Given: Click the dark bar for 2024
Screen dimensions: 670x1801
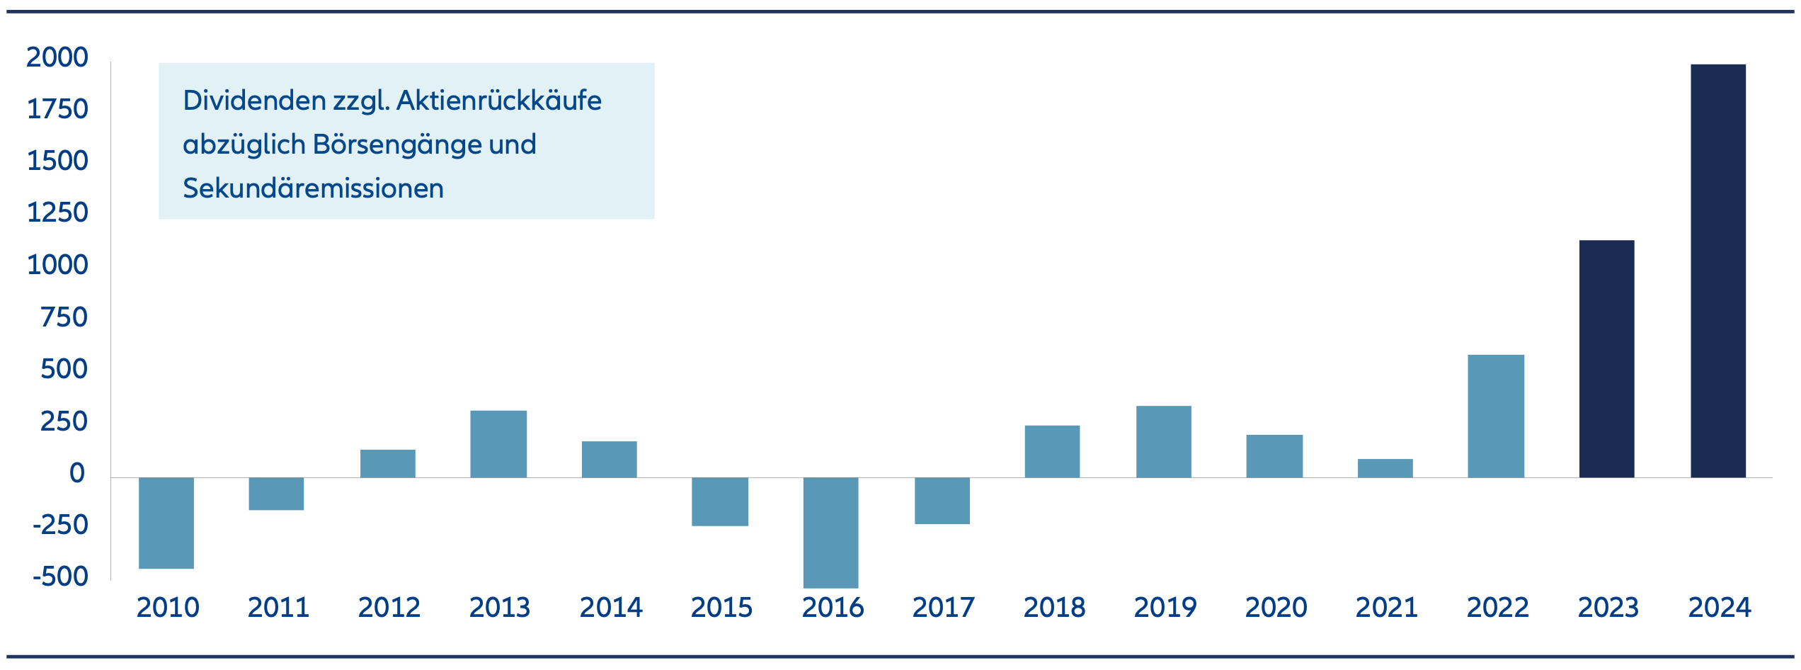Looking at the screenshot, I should (1717, 271).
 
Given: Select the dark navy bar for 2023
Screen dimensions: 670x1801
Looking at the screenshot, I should (1606, 358).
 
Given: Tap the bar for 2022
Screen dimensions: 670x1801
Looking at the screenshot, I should (1495, 416).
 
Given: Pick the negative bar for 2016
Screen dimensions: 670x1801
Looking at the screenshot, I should (830, 533).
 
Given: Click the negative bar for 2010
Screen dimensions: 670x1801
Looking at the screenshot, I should (166, 523).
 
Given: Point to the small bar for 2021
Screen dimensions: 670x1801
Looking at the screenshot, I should (1385, 468).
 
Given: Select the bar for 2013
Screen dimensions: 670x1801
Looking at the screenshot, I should (498, 444).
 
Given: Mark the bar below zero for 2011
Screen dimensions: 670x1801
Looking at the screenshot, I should (276, 494).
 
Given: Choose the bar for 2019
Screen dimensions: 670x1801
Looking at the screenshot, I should (1163, 441).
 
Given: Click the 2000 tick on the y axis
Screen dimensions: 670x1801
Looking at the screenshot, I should (57, 57).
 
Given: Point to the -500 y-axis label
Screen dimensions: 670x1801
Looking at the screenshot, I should (61, 577).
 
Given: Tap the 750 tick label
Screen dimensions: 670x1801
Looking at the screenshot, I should (64, 317).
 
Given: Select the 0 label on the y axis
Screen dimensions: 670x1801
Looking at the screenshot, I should (76, 473).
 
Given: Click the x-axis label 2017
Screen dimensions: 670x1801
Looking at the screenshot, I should (943, 608).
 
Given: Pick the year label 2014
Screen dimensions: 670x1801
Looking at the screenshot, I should (611, 608).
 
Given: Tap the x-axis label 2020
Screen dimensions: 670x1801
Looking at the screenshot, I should (1276, 608).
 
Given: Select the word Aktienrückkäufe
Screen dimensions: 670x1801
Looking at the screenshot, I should (498, 101).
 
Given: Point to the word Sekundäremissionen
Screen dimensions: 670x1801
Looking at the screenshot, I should (313, 188).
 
